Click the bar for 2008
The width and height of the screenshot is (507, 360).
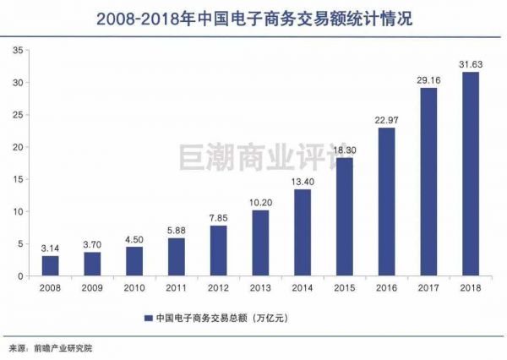(50, 265)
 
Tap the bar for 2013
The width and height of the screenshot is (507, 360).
(260, 243)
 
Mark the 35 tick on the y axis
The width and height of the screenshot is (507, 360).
(17, 52)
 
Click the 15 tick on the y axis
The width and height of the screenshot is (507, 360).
(17, 179)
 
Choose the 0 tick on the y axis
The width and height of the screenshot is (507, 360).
(19, 275)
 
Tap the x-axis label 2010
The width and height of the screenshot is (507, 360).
(134, 287)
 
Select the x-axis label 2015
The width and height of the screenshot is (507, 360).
(344, 287)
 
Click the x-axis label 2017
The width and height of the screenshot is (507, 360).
(428, 287)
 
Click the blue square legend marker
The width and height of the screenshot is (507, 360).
(147, 319)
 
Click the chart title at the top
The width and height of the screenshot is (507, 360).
(253, 16)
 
